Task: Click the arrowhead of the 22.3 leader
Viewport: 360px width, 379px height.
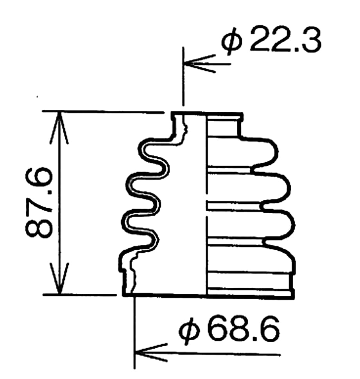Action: click(x=199, y=64)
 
